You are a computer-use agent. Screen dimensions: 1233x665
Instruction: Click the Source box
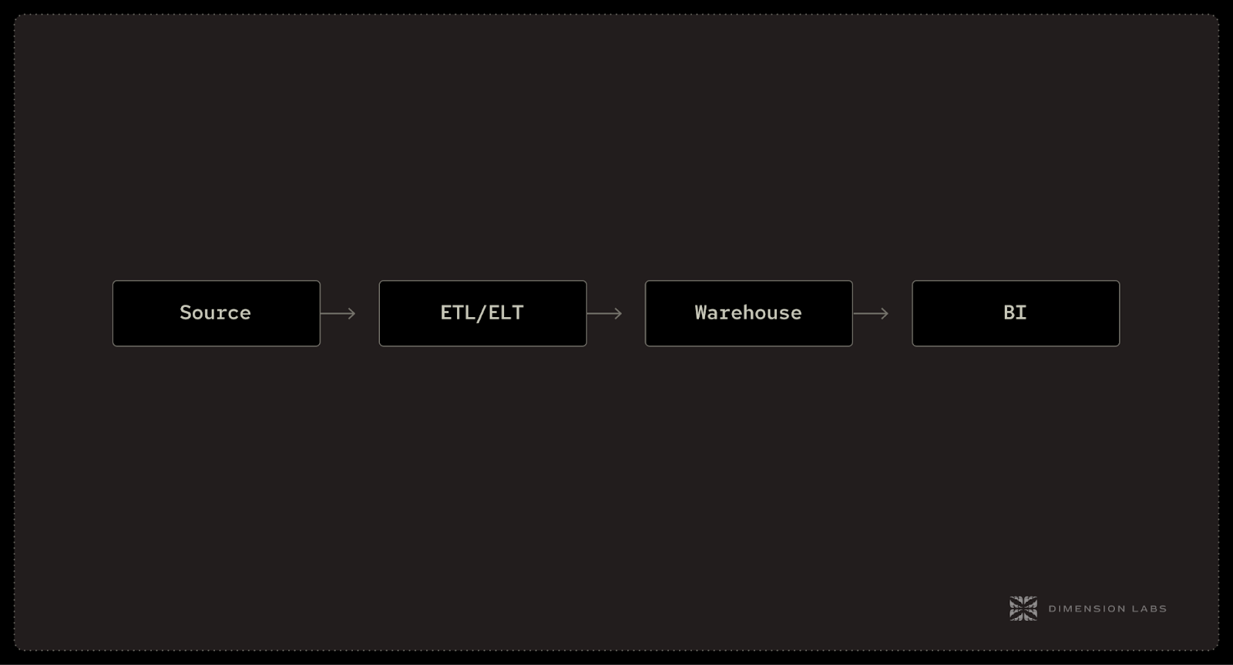(x=216, y=313)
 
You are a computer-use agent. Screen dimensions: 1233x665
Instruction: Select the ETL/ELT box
(x=482, y=313)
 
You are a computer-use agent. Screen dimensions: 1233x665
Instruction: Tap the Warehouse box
(x=748, y=313)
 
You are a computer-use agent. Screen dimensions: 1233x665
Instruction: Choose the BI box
(x=1016, y=313)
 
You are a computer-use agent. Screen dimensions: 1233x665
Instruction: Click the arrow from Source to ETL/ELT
(x=338, y=313)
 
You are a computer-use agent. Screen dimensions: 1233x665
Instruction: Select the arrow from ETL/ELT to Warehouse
(x=604, y=313)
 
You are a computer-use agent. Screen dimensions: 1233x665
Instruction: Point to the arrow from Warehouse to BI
(x=871, y=313)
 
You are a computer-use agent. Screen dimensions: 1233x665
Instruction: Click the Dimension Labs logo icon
(x=1023, y=609)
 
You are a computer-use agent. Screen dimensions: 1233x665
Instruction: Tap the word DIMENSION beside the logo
(x=1082, y=609)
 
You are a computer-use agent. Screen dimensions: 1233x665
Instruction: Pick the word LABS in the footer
(x=1148, y=609)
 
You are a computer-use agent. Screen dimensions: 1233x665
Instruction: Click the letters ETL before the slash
(x=458, y=312)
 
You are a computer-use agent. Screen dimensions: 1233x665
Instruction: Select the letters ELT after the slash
(x=506, y=312)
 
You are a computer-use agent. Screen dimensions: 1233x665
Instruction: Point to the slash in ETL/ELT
(x=482, y=312)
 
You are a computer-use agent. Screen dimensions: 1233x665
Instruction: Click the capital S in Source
(x=186, y=312)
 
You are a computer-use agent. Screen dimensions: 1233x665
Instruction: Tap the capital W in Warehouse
(x=700, y=312)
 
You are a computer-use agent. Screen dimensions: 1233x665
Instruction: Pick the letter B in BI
(x=1009, y=312)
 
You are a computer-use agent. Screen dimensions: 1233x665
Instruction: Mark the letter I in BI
(x=1021, y=312)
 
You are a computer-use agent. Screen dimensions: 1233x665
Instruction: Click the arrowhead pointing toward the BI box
(x=885, y=313)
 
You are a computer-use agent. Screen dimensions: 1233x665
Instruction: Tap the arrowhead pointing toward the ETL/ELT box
(x=351, y=313)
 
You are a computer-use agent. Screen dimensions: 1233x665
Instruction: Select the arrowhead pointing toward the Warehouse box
(x=618, y=313)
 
